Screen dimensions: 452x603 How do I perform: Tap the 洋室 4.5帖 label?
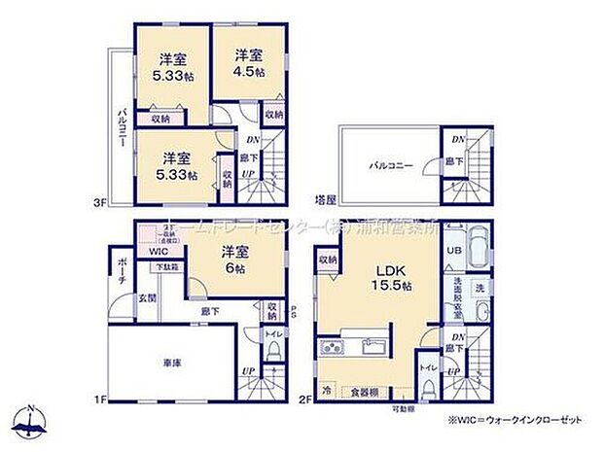[x=248, y=64]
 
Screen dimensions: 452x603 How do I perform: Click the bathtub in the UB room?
[x=479, y=249]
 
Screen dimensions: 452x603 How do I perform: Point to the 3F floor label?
[x=99, y=202]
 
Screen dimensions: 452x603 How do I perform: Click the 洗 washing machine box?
[x=479, y=288]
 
